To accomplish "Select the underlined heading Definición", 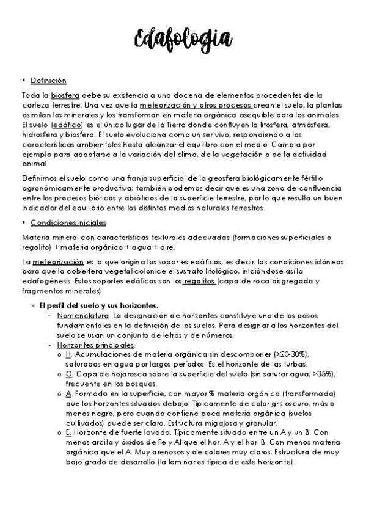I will tap(48, 81).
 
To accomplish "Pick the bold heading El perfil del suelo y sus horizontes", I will tap(99, 305).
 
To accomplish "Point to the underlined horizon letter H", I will tap(68, 355).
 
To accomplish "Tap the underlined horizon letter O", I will tap(69, 374).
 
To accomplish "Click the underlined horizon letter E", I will tap(68, 431).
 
